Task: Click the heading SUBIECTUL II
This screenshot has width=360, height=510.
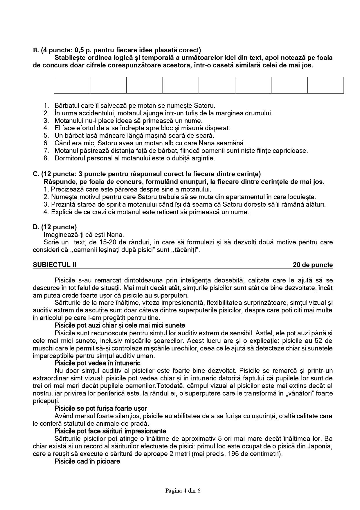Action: click(x=55, y=265)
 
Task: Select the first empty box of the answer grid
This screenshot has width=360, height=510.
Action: click(x=72, y=85)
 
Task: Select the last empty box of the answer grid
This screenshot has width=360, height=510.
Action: click(x=325, y=85)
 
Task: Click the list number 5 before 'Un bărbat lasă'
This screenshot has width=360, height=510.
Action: click(x=46, y=135)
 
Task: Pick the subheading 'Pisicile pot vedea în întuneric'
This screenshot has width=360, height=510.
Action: click(x=98, y=363)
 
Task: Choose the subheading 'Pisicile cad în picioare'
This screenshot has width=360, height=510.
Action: click(x=87, y=461)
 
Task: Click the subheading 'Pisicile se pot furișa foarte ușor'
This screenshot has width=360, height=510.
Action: click(x=101, y=408)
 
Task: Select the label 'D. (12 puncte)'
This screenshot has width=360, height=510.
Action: click(x=55, y=227)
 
